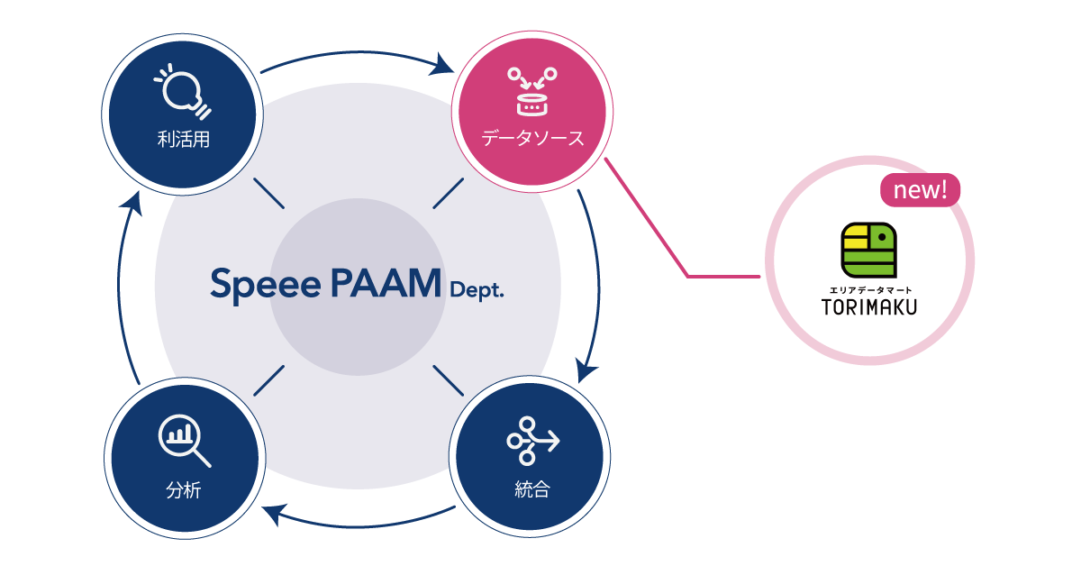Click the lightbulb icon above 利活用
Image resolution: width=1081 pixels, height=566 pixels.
click(x=185, y=90)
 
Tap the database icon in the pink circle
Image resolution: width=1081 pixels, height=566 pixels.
click(x=531, y=91)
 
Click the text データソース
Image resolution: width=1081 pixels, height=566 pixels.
click(x=531, y=140)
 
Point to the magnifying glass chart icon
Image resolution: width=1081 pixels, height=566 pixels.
click(x=184, y=441)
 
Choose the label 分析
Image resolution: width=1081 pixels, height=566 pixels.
click(x=183, y=491)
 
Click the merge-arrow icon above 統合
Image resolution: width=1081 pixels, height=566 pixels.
click(x=532, y=441)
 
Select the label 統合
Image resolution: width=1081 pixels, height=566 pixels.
click(x=531, y=491)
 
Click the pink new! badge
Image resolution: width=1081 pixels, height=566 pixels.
click(x=920, y=191)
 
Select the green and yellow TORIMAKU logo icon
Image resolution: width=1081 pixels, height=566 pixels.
click(x=868, y=249)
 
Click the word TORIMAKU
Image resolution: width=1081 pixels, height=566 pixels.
click(x=868, y=307)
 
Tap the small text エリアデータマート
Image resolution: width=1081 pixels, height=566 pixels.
click(x=868, y=288)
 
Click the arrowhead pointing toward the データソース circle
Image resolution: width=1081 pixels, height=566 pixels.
click(x=441, y=66)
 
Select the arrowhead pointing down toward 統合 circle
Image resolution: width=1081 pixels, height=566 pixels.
click(x=587, y=369)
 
